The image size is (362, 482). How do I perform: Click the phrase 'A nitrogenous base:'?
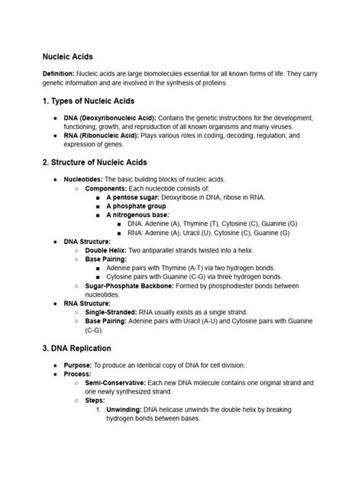click(x=137, y=215)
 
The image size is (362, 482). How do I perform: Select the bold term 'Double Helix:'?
click(x=109, y=250)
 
